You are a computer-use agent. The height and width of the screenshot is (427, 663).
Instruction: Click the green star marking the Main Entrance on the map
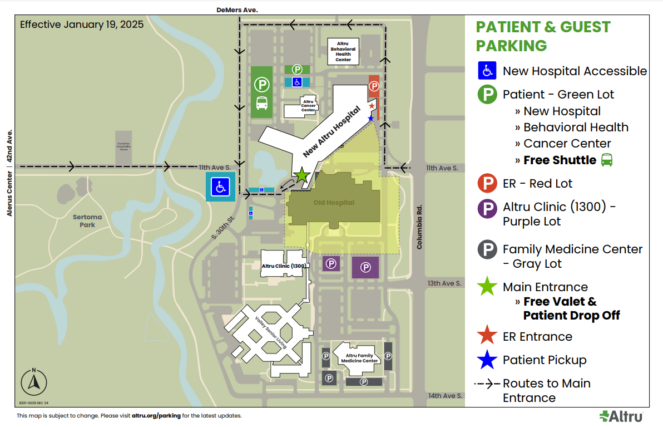(301, 175)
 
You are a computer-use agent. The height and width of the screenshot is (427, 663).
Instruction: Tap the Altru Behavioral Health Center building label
(343, 51)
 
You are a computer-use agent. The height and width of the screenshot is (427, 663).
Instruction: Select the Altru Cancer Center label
(309, 106)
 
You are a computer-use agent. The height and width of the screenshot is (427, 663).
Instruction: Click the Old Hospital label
(334, 203)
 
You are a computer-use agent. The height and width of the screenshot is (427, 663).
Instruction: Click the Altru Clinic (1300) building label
(284, 266)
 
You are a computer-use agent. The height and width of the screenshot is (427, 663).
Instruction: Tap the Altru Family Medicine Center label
(359, 357)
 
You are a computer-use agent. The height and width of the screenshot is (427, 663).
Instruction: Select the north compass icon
(34, 382)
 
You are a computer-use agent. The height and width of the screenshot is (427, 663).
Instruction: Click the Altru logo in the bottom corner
(621, 416)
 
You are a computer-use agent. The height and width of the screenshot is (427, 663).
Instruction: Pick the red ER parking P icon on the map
(374, 86)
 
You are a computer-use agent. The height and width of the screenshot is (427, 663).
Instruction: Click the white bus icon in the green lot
(261, 103)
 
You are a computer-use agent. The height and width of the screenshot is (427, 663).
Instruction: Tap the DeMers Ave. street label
(238, 10)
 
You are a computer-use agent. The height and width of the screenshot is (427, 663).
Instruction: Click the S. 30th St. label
(224, 228)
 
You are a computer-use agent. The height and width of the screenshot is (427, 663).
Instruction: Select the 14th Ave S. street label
(444, 396)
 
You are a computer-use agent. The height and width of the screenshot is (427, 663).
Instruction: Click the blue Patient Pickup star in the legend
(487, 360)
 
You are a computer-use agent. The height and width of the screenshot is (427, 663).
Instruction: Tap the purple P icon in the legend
(487, 208)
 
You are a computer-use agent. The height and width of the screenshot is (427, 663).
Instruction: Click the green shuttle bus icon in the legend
(607, 160)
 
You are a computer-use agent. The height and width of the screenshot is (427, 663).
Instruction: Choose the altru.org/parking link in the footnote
(156, 416)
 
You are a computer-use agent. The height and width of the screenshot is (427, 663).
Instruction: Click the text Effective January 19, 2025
(82, 24)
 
